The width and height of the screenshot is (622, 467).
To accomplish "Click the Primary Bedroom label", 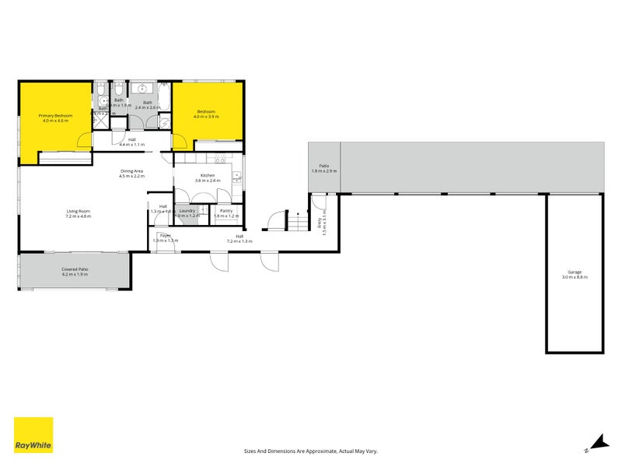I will pos(55,116).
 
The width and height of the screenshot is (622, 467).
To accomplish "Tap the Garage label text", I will pos(575,272).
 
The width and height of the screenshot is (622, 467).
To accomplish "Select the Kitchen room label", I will pos(208,176).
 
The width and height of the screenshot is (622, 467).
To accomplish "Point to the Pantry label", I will pos(226,210).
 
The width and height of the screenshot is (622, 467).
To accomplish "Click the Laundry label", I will pos(187,210).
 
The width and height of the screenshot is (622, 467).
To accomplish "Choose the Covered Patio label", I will pos(75,269).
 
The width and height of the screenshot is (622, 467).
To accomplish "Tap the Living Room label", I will pos(78,211).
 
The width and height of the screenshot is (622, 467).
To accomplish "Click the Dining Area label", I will pos(131,170).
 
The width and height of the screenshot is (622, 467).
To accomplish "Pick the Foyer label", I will pos(165,235).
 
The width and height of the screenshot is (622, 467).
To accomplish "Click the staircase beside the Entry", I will pos(295,223).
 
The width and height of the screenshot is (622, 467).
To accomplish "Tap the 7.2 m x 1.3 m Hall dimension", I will pos(240,241).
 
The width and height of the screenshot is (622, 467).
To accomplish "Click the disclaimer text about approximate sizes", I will pos(310,451).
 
